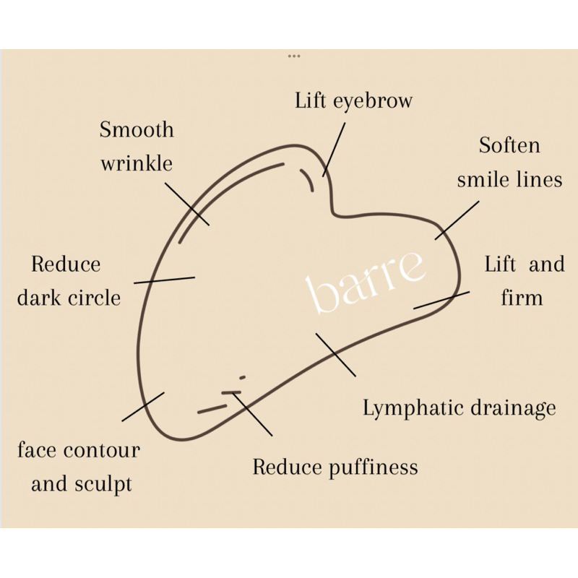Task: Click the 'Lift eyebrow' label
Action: (x=353, y=100)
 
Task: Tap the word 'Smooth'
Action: (x=137, y=130)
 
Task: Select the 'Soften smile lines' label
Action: (x=509, y=162)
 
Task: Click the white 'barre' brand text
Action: (x=366, y=280)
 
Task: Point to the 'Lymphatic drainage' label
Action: (x=459, y=408)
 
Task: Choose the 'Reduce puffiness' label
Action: (x=335, y=467)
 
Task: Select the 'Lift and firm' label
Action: (x=523, y=280)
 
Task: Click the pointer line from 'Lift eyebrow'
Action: (x=334, y=148)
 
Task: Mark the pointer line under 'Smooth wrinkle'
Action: (x=186, y=203)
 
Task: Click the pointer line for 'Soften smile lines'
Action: (x=457, y=220)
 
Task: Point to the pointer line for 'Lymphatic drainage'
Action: (x=335, y=354)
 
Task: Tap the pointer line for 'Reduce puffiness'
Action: (x=252, y=413)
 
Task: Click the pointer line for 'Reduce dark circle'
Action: (x=164, y=279)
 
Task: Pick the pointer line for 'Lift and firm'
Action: (x=441, y=300)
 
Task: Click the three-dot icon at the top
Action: (x=293, y=56)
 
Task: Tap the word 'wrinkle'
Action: (x=137, y=163)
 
